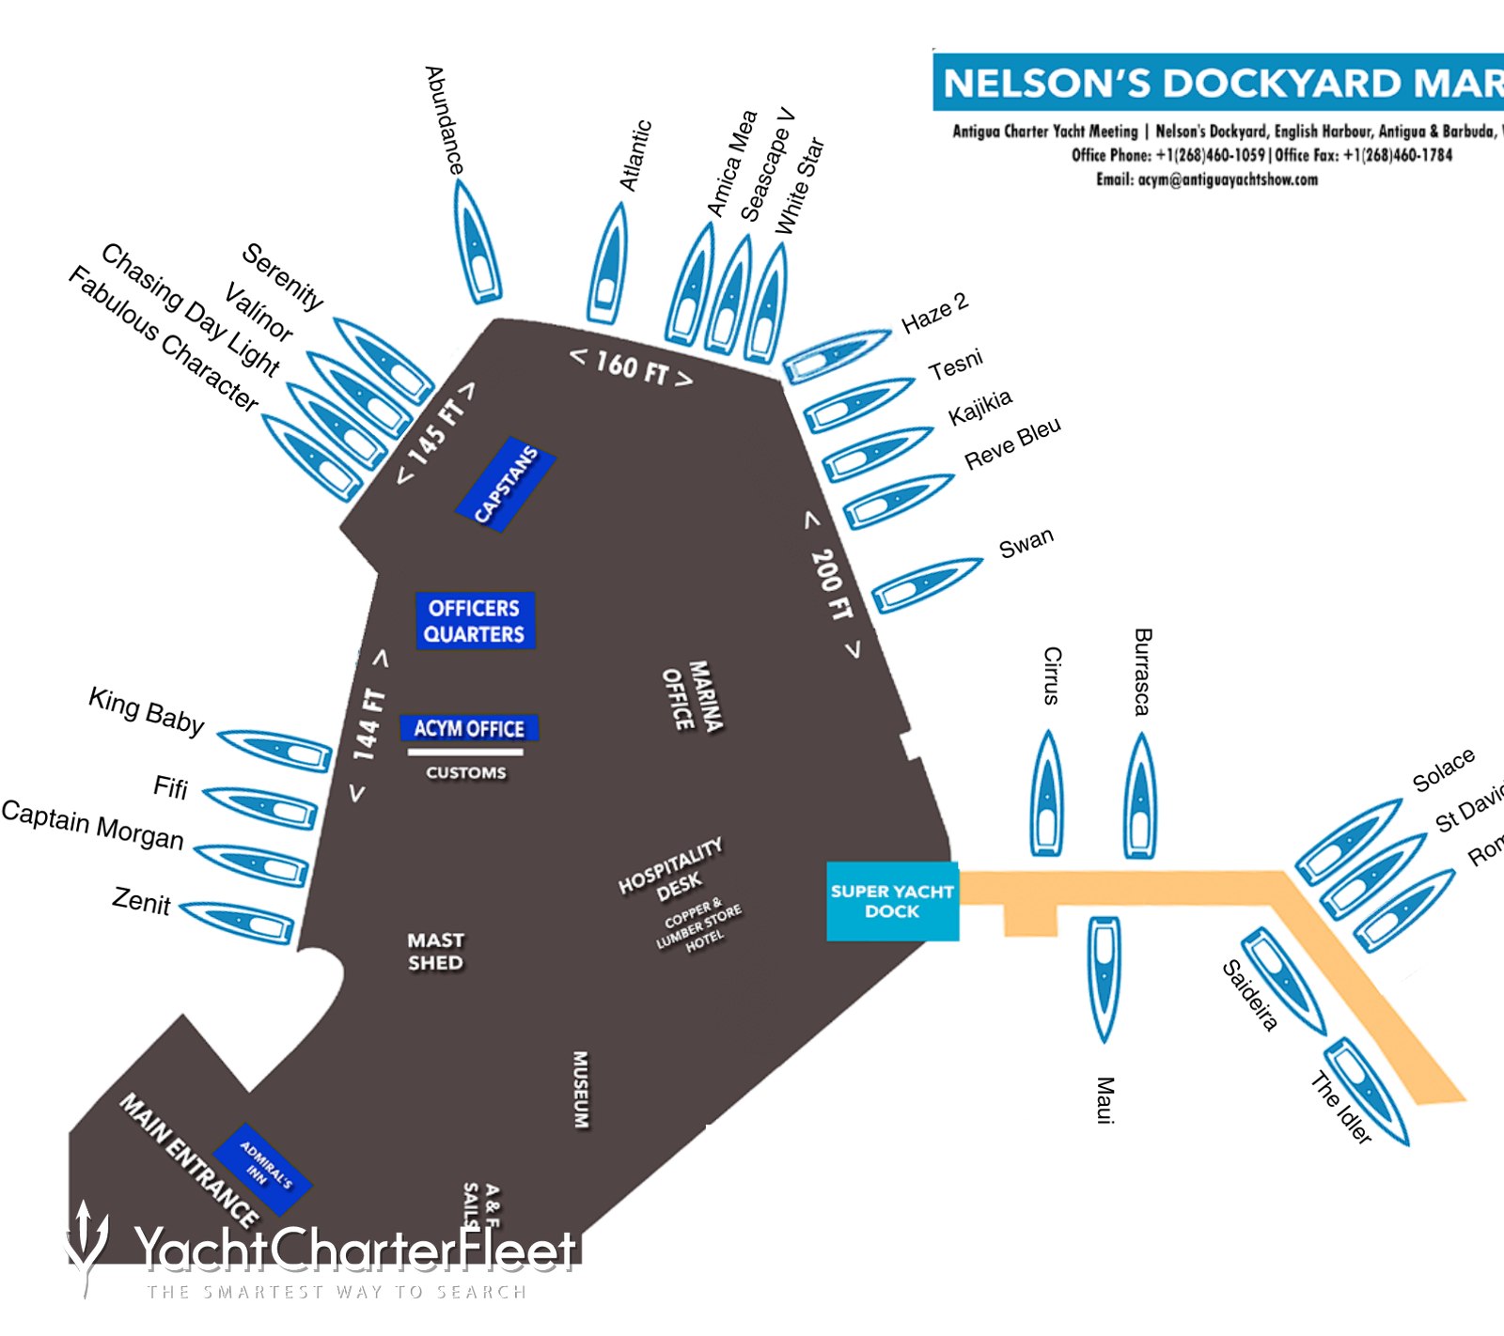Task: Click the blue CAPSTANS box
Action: click(x=506, y=484)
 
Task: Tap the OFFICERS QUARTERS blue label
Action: click(x=475, y=621)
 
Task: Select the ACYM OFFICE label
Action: click(x=469, y=729)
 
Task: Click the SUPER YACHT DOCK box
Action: click(x=892, y=901)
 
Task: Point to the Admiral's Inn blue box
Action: click(x=263, y=1169)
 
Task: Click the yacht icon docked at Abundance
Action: click(x=478, y=242)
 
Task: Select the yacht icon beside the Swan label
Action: click(x=926, y=584)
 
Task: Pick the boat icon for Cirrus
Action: click(x=1047, y=794)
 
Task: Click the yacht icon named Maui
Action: click(x=1104, y=977)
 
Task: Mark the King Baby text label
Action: click(x=147, y=711)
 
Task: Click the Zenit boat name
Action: click(x=141, y=902)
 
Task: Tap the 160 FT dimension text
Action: click(x=632, y=367)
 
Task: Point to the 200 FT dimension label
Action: click(x=831, y=584)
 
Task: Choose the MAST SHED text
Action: click(x=435, y=951)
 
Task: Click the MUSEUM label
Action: click(x=581, y=1089)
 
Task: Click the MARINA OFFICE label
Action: click(x=693, y=696)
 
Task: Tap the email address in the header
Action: click(x=1207, y=179)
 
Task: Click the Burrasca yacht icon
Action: click(x=1140, y=797)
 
